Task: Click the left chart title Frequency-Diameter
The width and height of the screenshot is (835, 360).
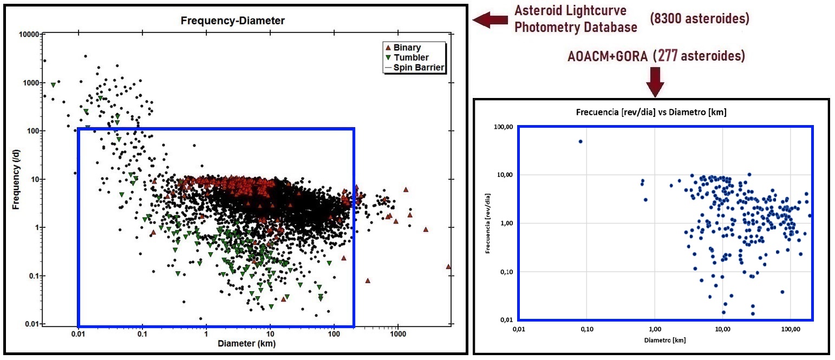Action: pyautogui.click(x=232, y=21)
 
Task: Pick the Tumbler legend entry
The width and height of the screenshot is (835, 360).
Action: pyautogui.click(x=411, y=57)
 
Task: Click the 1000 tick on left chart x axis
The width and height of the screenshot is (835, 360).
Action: pyautogui.click(x=397, y=334)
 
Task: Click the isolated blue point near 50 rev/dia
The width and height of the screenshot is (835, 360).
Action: pyautogui.click(x=580, y=141)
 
